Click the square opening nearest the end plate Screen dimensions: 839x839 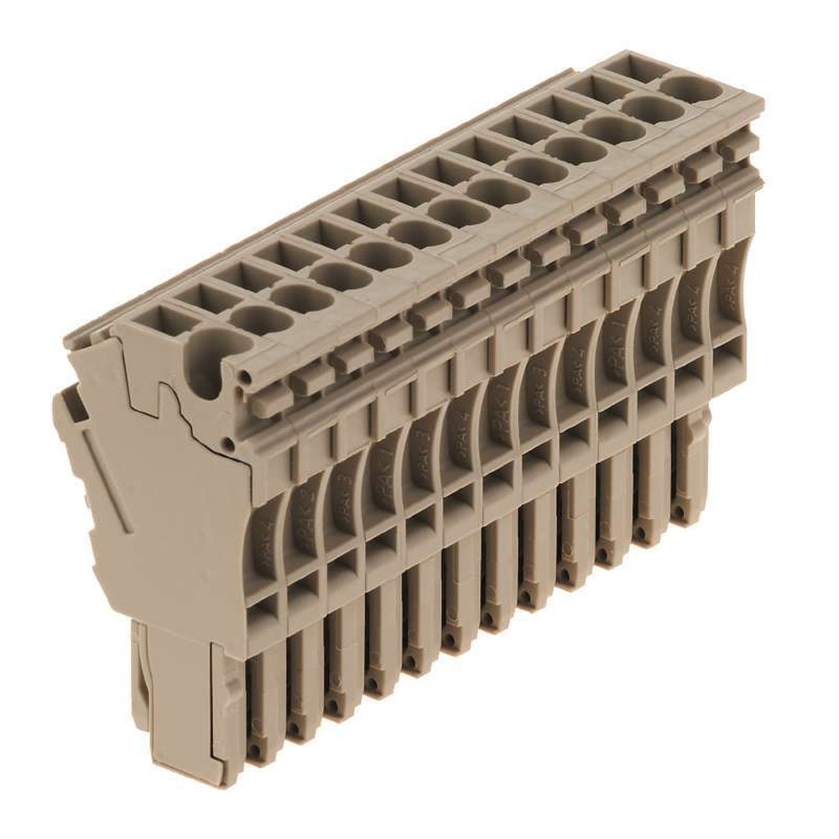153,321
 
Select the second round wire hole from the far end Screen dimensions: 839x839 654,108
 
